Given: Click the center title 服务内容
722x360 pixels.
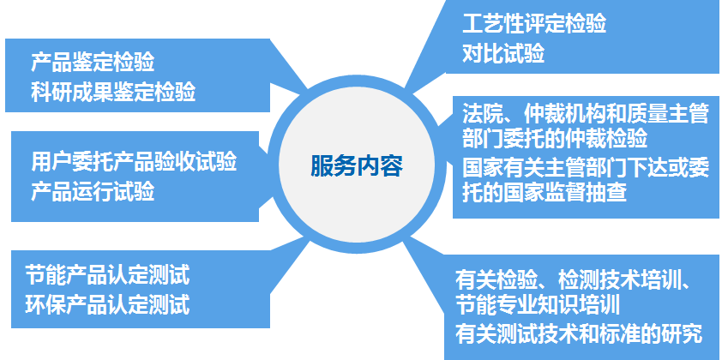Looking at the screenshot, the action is coord(357,166).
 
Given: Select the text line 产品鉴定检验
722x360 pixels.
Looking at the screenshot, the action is coord(93,63).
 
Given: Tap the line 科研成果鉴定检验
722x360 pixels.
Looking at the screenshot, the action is coord(113,92).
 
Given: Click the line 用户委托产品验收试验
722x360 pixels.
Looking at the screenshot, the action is coord(134,162).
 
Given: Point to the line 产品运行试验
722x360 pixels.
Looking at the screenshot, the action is coord(93,191).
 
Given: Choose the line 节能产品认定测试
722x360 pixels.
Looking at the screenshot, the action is coord(107,275).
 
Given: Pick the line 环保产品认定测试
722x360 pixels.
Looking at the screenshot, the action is coord(107,305).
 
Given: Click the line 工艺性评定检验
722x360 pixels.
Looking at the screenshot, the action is coord(534,23).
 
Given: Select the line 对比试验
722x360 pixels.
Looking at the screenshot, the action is coord(503,53).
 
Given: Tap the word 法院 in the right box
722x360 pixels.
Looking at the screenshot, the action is coord(483,115).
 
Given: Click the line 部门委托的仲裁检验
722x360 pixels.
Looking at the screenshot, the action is coord(555,139).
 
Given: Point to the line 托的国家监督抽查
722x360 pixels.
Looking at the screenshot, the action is coord(545,193).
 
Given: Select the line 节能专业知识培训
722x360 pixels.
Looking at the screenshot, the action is coord(538,305).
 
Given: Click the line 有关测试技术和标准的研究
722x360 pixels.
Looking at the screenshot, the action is coord(579,333).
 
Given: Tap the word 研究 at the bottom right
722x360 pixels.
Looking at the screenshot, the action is coord(682,333).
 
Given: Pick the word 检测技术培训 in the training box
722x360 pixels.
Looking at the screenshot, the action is coord(619,279).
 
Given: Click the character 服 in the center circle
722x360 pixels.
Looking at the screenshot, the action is coord(322,166).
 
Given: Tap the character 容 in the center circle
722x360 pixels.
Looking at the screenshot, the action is coord(391,166).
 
